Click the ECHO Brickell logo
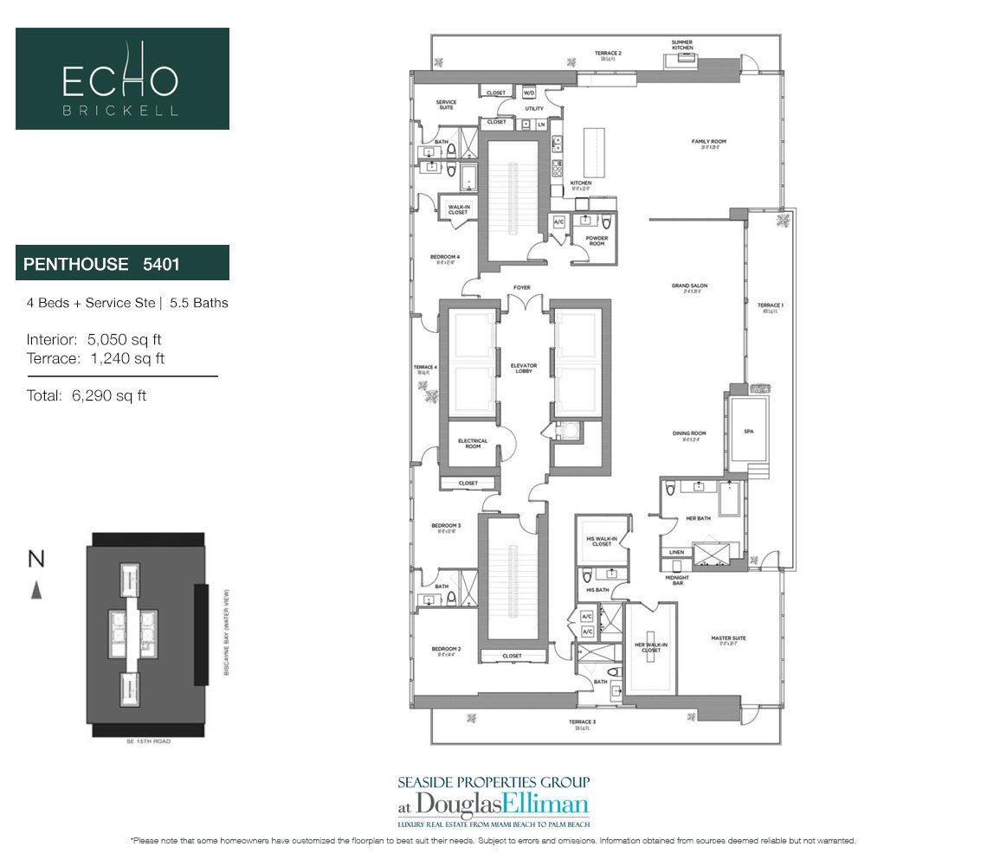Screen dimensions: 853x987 coord(122,79)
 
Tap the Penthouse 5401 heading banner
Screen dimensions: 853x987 coord(122,263)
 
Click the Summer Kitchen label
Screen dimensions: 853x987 coord(682,45)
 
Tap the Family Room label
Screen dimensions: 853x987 coord(707,142)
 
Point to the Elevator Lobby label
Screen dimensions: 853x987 coord(524,369)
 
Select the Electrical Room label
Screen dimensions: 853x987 coord(473,443)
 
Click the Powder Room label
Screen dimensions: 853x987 coord(597,240)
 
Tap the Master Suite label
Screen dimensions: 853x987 coord(728,639)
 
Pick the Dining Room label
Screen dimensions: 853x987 coord(689,434)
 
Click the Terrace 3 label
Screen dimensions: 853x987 coord(582,722)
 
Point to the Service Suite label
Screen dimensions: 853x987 coord(446,105)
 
